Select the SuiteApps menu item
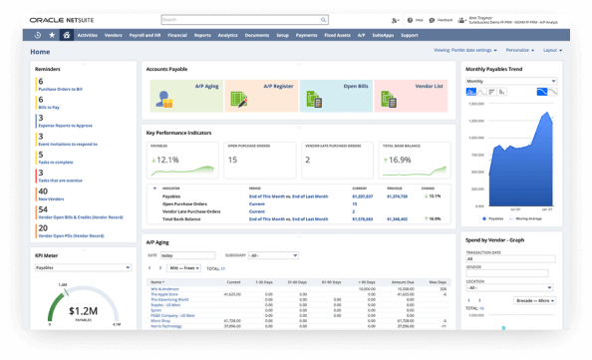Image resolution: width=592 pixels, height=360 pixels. pyautogui.click(x=385, y=35)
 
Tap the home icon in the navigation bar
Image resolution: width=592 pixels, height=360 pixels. pyautogui.click(x=66, y=35)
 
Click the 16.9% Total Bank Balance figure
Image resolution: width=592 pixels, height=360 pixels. pyautogui.click(x=398, y=160)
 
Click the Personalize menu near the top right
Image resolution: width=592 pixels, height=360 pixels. pyautogui.click(x=519, y=49)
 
